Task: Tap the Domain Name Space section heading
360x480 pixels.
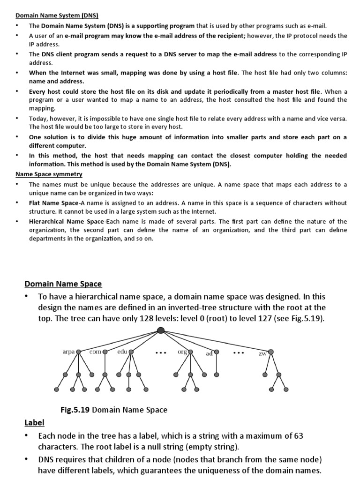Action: tap(63, 284)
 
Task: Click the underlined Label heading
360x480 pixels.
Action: tap(34, 423)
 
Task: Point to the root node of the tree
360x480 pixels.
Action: tap(161, 330)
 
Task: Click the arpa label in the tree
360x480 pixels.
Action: tap(68, 352)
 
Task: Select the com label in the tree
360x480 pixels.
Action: tap(95, 351)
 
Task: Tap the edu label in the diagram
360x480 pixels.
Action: tap(122, 351)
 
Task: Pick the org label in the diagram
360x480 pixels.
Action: tap(182, 351)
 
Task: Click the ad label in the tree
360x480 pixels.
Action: tap(209, 353)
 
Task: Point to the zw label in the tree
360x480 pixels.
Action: tap(262, 353)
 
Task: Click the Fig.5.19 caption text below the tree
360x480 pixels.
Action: tap(114, 410)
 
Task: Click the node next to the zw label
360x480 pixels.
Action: tap(271, 352)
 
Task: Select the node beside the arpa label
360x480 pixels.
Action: tap(78, 352)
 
